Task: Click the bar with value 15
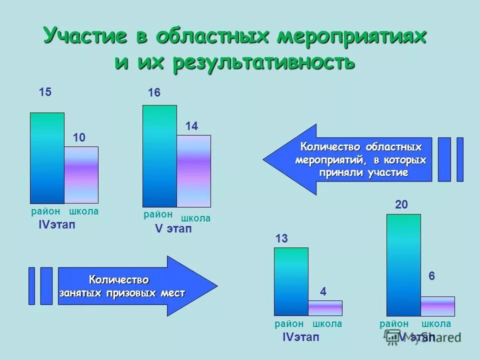[x=47, y=157]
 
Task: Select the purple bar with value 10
[x=81, y=174]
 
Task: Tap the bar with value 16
[x=159, y=155]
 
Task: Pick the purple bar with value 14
[x=193, y=170]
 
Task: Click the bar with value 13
[x=291, y=281]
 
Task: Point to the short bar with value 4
[x=325, y=308]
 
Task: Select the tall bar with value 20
[x=403, y=264]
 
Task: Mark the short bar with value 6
[x=437, y=306]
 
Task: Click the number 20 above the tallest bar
[x=401, y=204]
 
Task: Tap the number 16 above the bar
[x=154, y=93]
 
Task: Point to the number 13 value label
[x=281, y=239]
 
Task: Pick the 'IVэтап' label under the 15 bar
[x=57, y=225]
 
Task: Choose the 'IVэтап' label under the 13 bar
[x=300, y=337]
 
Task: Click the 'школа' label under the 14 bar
[x=195, y=218]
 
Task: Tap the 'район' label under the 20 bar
[x=394, y=324]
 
